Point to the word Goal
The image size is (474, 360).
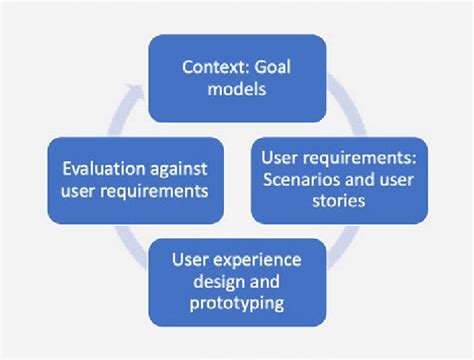pyautogui.click(x=273, y=68)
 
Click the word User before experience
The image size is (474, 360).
pyautogui.click(x=192, y=260)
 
